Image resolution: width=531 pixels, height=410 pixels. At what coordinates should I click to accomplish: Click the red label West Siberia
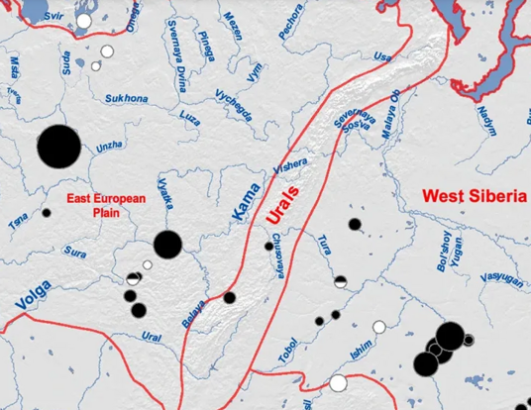(x=474, y=196)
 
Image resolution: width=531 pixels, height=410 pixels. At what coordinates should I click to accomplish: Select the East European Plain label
(x=106, y=205)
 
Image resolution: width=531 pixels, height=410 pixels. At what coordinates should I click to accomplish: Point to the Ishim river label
(x=361, y=348)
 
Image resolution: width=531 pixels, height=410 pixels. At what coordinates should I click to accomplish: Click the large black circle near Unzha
(x=58, y=147)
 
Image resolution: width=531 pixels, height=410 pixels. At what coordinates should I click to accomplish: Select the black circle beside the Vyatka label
(x=167, y=244)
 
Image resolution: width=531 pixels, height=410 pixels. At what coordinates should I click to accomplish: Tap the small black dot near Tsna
(x=46, y=212)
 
